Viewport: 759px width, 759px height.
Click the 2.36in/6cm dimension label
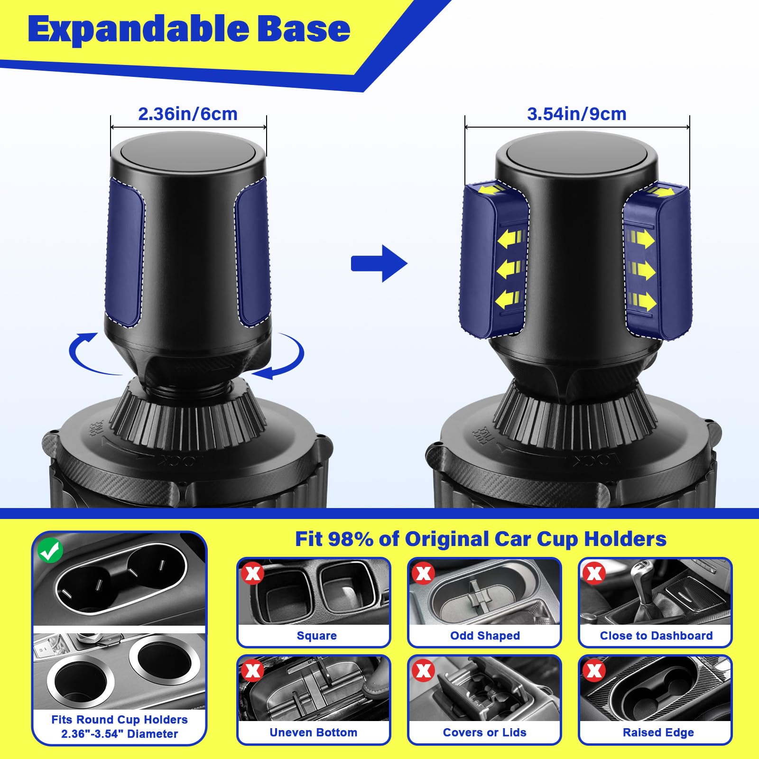click(x=187, y=114)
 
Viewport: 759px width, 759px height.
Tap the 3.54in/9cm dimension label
click(x=576, y=114)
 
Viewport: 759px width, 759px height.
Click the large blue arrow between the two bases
click(x=379, y=264)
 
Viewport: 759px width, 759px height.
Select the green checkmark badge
click(x=50, y=550)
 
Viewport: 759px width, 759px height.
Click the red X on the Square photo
click(x=252, y=573)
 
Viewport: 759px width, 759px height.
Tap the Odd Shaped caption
click(x=485, y=636)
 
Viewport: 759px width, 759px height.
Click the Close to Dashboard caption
click(x=656, y=636)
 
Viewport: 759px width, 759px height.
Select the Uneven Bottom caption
click(x=313, y=732)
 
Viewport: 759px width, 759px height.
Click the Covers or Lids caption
click(x=484, y=732)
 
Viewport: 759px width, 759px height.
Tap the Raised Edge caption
click(x=658, y=732)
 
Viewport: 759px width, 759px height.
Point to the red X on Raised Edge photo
click(x=594, y=670)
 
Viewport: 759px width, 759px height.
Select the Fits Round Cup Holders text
click(x=120, y=720)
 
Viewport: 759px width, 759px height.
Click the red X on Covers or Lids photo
click(x=423, y=670)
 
